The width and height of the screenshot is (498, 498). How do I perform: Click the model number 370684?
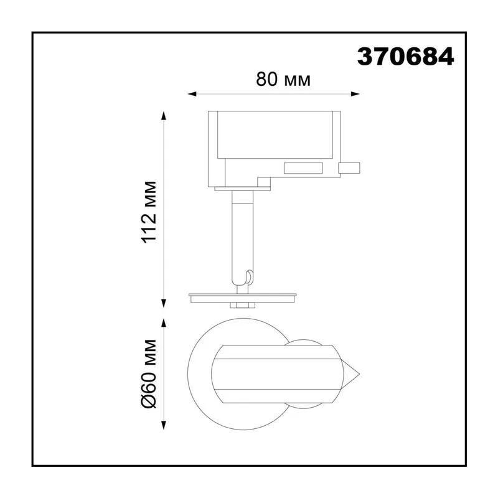[x=406, y=57]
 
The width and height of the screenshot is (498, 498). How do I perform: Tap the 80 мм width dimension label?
[x=283, y=80]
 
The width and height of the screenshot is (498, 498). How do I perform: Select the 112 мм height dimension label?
[x=149, y=212]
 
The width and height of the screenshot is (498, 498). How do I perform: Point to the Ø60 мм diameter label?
[x=149, y=374]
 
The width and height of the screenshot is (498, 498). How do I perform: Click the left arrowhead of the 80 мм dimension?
[x=192, y=94]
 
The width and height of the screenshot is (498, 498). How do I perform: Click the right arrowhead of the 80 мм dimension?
[x=355, y=94]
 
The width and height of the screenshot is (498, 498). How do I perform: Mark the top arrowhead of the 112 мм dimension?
[x=164, y=116]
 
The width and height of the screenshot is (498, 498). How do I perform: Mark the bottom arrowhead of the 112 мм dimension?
[x=164, y=303]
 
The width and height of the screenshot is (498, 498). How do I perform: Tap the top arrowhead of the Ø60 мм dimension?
[x=164, y=323]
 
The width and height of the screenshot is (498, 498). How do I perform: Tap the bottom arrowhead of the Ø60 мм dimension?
[x=164, y=425]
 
